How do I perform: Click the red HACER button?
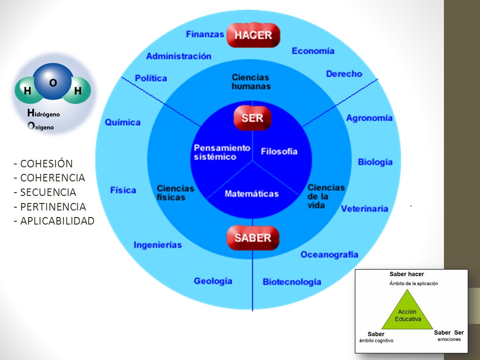[253, 35]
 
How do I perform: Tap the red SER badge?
[253, 118]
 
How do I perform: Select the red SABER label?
[253, 238]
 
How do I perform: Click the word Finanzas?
[205, 34]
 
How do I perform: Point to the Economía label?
[313, 51]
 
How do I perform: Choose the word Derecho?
[344, 74]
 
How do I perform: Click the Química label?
[122, 122]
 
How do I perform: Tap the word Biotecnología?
[292, 282]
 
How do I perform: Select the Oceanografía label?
[329, 255]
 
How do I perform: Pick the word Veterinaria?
[364, 209]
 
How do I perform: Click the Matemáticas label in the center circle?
[252, 194]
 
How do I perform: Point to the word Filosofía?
[279, 151]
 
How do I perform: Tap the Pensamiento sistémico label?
[222, 152]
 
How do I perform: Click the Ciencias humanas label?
[251, 82]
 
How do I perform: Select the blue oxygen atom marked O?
[53, 82]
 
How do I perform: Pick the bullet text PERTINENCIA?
[53, 207]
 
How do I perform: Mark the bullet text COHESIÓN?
[46, 164]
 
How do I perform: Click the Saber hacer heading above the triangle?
[406, 274]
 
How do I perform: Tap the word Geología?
[213, 281]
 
